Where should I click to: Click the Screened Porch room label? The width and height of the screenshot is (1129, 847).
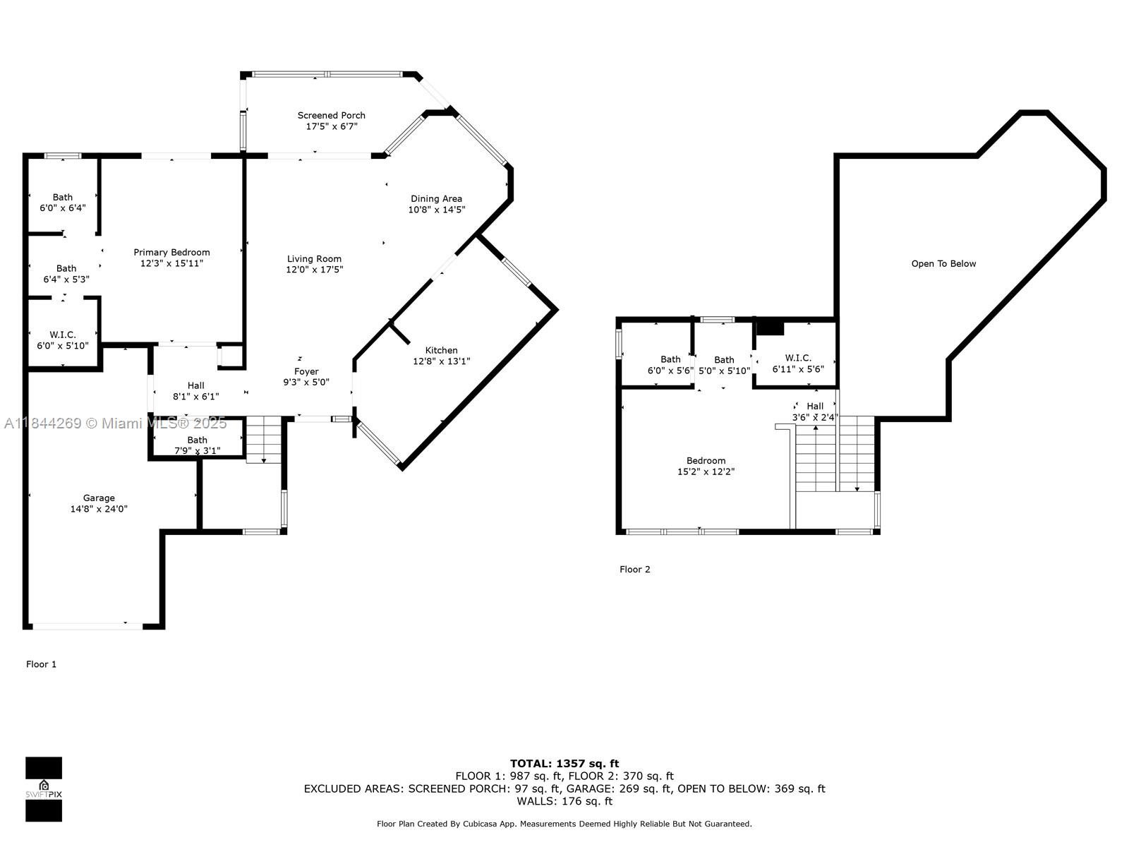(x=331, y=115)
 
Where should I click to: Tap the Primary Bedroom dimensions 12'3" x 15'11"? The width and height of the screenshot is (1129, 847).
(x=171, y=263)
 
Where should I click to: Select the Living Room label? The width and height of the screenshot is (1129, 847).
(x=314, y=258)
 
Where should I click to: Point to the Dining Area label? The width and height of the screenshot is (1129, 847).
(x=436, y=198)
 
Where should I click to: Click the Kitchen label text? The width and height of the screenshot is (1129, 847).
(x=441, y=350)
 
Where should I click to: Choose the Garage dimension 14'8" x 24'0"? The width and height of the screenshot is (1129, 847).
(x=99, y=509)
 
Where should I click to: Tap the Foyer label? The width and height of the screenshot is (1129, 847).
(x=306, y=371)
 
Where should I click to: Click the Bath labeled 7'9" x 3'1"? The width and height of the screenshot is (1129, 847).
(x=198, y=445)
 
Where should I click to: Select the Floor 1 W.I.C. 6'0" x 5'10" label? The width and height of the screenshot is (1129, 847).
(x=63, y=340)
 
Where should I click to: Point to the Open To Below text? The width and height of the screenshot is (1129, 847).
(x=943, y=264)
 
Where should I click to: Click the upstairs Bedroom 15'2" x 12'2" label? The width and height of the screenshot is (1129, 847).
(x=706, y=466)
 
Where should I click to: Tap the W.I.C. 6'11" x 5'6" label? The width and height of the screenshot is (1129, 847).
(x=798, y=364)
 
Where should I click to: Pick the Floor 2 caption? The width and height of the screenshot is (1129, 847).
(x=634, y=570)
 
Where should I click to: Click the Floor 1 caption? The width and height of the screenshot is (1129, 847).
(x=41, y=664)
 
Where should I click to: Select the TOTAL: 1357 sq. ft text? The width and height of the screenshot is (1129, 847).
(x=564, y=764)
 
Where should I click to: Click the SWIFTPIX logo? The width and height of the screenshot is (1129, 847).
(x=44, y=789)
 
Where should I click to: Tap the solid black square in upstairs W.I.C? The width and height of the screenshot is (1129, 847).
(x=770, y=328)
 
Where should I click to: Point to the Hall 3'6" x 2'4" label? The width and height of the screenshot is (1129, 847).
(x=815, y=412)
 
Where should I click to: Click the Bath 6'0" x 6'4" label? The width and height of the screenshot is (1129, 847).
(x=63, y=203)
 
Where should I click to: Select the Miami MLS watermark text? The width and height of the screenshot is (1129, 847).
(x=115, y=423)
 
